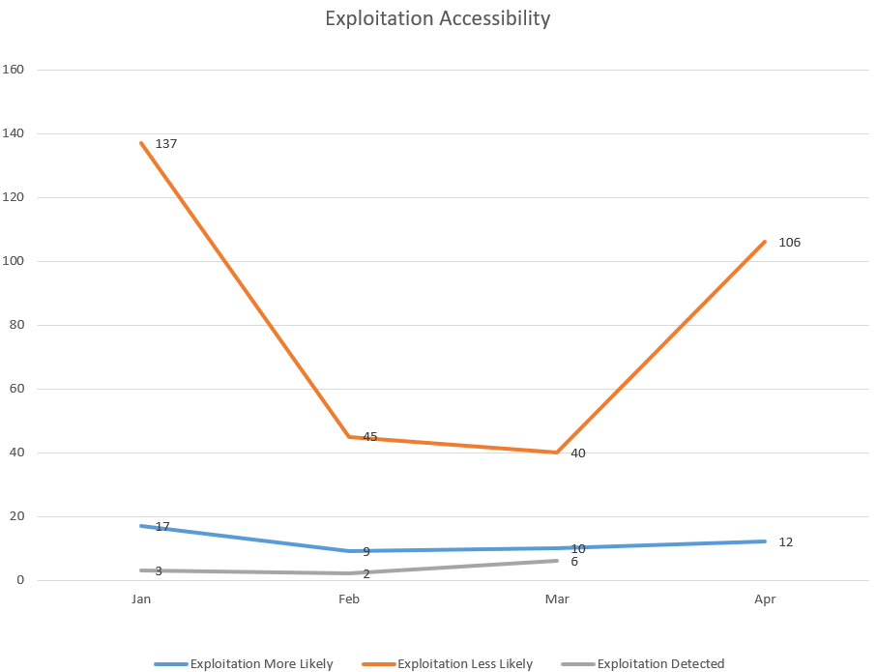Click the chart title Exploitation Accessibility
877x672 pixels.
click(x=437, y=18)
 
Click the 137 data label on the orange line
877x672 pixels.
click(x=166, y=144)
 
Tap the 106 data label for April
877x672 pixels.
click(x=789, y=243)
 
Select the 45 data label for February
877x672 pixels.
click(x=370, y=437)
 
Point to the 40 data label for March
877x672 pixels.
click(x=578, y=453)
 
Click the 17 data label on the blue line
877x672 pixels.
click(x=162, y=527)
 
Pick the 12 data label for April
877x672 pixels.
click(x=785, y=542)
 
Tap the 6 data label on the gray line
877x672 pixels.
click(x=574, y=562)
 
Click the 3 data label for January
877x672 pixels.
click(x=159, y=571)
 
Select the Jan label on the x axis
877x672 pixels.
click(x=141, y=599)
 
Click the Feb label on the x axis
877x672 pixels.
click(x=349, y=599)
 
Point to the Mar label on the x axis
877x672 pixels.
click(x=557, y=599)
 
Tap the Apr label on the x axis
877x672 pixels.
click(x=765, y=599)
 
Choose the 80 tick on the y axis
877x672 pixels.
click(x=16, y=325)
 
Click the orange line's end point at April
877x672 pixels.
click(x=765, y=242)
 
